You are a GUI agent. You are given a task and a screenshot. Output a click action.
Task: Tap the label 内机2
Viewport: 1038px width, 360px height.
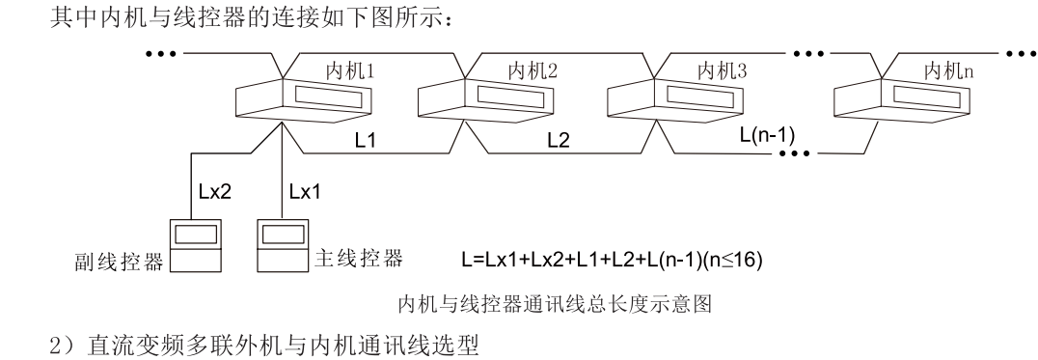pos(532,69)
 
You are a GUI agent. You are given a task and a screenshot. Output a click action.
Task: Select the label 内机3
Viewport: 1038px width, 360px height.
pos(722,69)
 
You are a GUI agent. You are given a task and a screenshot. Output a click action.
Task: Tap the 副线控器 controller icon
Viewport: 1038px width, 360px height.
pos(195,247)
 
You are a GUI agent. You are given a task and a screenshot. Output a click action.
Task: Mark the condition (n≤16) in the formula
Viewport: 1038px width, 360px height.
pos(736,261)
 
